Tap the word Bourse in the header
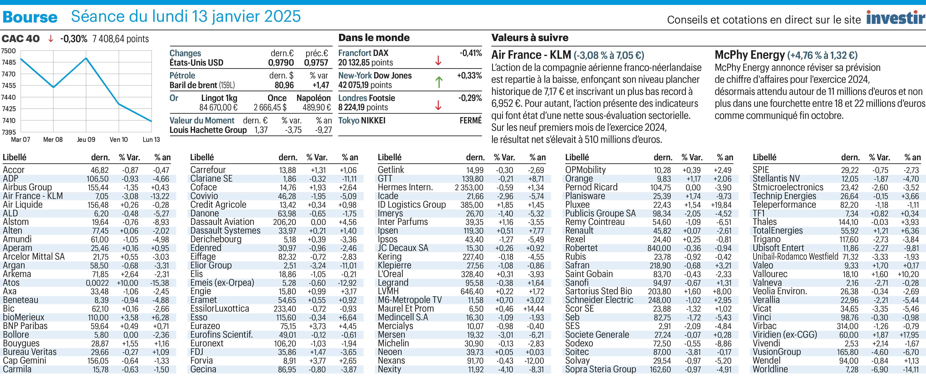(x=30, y=17)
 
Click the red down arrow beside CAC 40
(x=51, y=39)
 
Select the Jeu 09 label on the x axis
(x=86, y=139)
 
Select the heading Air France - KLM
(x=531, y=55)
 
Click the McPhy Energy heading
(x=749, y=55)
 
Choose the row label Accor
(x=14, y=170)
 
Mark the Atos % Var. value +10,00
(x=128, y=283)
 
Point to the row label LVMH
(x=388, y=291)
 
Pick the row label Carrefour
(x=208, y=170)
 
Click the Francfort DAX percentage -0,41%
(x=471, y=53)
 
